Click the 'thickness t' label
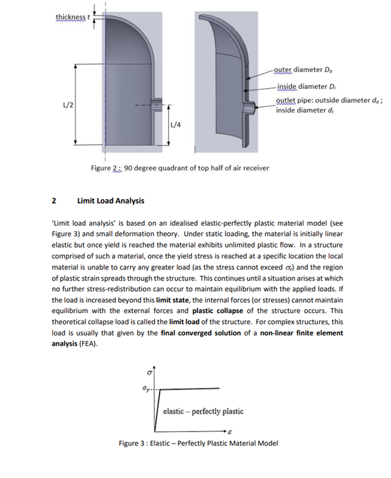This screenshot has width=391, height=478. click(x=72, y=17)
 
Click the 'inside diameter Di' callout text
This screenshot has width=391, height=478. click(x=306, y=87)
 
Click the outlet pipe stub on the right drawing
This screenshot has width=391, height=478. click(x=251, y=108)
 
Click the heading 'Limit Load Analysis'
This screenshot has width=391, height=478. click(x=111, y=201)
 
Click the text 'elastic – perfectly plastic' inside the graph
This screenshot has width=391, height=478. click(x=203, y=411)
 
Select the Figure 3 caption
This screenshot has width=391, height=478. click(x=198, y=443)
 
